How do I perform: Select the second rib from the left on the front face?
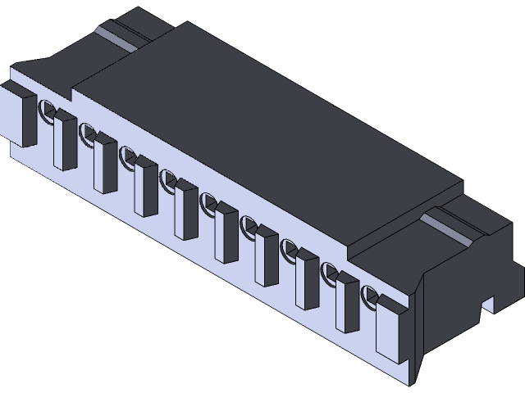103,165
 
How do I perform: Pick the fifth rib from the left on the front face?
224,234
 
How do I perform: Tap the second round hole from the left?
87,132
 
